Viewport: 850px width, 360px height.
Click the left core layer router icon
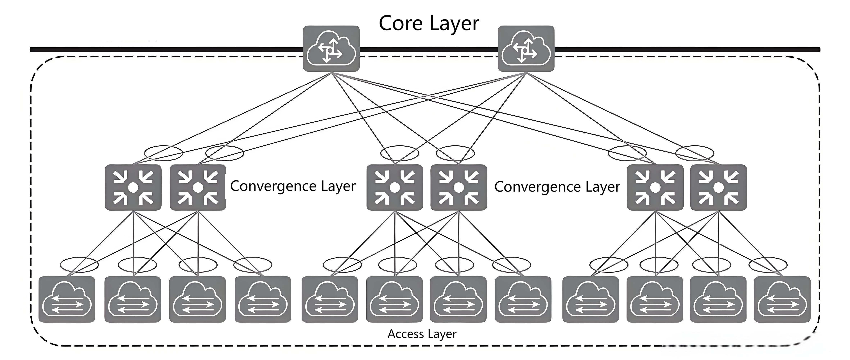[x=331, y=48]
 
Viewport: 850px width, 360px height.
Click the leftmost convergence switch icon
[x=133, y=187]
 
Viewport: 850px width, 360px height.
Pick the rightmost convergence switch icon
[x=718, y=187]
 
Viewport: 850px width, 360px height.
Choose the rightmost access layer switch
[x=782, y=299]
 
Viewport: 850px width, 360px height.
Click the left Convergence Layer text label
[x=293, y=186]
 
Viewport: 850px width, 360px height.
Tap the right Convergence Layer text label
[x=557, y=187]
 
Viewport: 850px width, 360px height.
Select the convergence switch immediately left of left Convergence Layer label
[x=198, y=187]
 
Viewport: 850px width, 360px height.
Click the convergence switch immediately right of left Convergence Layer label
[x=395, y=187]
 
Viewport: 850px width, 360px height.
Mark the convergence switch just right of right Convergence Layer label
[x=655, y=187]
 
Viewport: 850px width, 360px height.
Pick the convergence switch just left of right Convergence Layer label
[x=459, y=187]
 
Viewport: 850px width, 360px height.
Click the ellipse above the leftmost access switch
[x=79, y=264]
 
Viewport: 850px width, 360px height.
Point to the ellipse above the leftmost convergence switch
[x=163, y=153]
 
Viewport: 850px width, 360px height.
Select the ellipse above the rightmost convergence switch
[x=695, y=153]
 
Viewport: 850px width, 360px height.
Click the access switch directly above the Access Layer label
[x=394, y=299]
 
